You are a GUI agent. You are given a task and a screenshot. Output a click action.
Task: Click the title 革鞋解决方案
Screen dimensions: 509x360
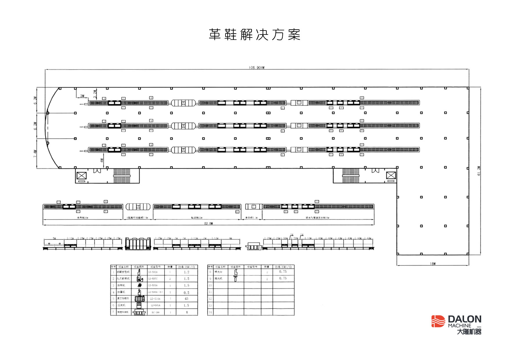click(x=255, y=35)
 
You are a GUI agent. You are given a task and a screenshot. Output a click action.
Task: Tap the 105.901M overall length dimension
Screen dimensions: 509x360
click(x=257, y=68)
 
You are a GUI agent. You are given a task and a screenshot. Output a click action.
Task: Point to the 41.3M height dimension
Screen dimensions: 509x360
click(x=479, y=171)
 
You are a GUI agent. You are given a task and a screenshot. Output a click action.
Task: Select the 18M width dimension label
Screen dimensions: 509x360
click(x=433, y=264)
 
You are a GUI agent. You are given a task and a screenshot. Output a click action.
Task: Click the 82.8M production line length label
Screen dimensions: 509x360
click(x=208, y=224)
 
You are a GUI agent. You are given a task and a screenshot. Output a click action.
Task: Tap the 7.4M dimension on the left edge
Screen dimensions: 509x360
click(x=35, y=154)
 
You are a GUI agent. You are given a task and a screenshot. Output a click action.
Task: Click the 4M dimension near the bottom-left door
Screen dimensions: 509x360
click(x=102, y=160)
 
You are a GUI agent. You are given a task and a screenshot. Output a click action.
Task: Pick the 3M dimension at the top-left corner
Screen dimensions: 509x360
click(x=82, y=96)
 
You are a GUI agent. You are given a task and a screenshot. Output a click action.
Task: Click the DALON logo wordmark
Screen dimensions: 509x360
click(x=464, y=319)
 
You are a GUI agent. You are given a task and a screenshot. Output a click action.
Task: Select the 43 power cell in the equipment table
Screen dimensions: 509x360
click(x=186, y=298)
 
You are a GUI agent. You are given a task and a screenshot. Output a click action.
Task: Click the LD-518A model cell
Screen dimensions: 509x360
click(x=155, y=299)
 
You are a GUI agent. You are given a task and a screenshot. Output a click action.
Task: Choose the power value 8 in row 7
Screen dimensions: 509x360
click(x=187, y=312)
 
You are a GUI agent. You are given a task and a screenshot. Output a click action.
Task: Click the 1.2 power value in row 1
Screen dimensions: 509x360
click(x=186, y=272)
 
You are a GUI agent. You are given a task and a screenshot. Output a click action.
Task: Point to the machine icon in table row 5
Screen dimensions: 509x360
click(x=139, y=298)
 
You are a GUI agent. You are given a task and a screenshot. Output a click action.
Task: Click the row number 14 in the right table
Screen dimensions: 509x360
click(x=210, y=312)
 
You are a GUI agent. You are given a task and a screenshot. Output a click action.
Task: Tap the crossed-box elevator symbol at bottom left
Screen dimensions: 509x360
click(x=82, y=175)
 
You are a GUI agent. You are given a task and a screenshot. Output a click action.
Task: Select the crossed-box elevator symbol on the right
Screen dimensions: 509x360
click(x=391, y=175)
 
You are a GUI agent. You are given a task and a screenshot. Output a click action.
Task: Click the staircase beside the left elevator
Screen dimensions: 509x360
click(x=121, y=176)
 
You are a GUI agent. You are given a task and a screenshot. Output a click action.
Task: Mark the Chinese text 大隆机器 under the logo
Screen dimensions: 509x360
click(x=469, y=332)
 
